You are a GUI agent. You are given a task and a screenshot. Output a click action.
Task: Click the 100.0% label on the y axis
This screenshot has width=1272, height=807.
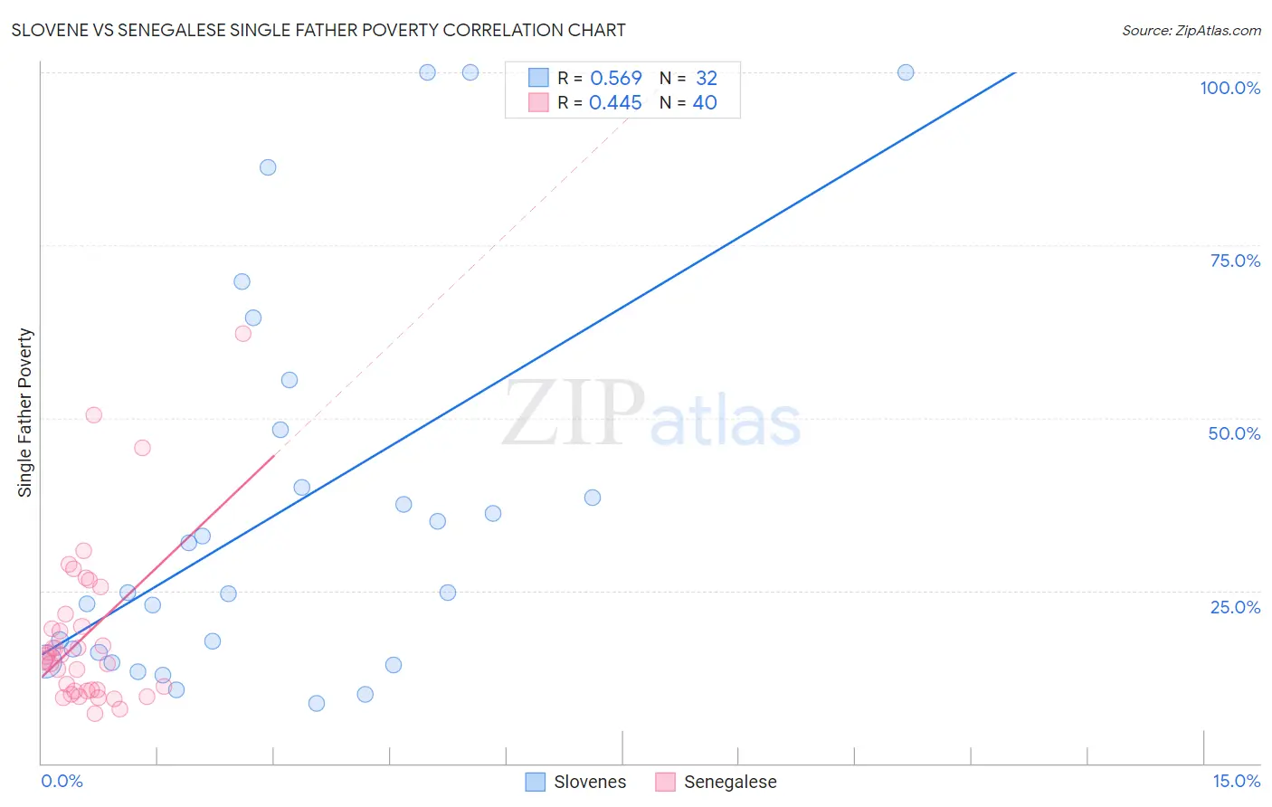pos(1229,88)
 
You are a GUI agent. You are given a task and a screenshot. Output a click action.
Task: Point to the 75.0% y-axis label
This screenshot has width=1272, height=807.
pos(1235,261)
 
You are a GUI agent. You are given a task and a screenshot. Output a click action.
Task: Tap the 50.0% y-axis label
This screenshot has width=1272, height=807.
pos(1234,433)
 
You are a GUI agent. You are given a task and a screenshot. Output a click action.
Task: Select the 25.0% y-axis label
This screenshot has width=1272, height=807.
pos(1235,607)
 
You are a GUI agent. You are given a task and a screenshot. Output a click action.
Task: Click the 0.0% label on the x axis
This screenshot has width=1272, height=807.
pos(62,781)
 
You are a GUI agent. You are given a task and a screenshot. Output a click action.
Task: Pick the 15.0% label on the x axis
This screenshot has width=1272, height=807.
pos(1236,781)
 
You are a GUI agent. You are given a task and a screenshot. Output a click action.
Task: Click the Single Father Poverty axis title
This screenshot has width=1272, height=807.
pos(25,413)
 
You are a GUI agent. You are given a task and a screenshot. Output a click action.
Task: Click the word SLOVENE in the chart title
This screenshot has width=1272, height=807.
pos(49,30)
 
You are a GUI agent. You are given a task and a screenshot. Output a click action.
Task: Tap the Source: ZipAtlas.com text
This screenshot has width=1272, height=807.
pos(1191,30)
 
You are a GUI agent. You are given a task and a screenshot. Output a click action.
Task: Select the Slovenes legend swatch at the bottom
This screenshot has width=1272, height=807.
pos(536,782)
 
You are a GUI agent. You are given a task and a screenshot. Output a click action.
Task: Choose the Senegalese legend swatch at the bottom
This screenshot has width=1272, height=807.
pos(666,782)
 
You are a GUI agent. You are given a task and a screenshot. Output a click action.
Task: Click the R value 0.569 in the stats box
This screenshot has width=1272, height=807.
pos(615,79)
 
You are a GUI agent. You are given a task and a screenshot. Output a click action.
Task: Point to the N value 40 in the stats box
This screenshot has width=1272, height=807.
pos(705,103)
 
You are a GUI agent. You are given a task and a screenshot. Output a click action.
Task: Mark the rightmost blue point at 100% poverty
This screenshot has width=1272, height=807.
pos(906,72)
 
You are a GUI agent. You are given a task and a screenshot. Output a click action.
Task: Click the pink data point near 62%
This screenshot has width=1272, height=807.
pos(242,334)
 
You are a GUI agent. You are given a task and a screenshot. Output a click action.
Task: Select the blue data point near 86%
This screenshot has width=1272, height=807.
pos(268,167)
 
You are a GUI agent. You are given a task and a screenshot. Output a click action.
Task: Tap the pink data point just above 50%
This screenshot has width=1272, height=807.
pos(93,415)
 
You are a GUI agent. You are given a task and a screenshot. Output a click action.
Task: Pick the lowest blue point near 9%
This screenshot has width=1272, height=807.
pos(317,703)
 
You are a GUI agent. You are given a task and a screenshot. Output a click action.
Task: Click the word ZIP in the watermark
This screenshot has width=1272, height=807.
pos(573,414)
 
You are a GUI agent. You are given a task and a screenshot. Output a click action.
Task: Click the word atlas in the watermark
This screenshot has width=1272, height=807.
pos(726,422)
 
